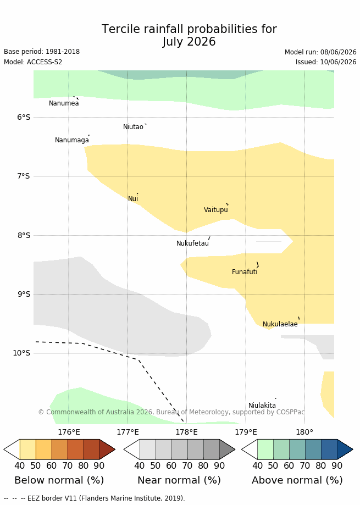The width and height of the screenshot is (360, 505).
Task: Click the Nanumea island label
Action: [64, 103]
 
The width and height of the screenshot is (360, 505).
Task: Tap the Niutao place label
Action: [133, 127]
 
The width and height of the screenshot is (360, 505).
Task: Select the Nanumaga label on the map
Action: [72, 140]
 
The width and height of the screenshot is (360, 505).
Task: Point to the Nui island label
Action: [133, 199]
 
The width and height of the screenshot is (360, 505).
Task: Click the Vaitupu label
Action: [216, 210]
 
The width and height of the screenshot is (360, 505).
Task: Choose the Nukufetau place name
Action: [192, 243]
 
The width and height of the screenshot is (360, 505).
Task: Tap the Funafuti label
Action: [245, 272]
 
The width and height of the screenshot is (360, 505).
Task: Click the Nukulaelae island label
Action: [280, 324]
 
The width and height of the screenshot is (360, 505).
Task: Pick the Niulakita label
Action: [262, 406]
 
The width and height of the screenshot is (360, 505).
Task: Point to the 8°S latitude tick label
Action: [24, 235]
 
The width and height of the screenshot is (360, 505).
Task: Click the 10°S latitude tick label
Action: [21, 353]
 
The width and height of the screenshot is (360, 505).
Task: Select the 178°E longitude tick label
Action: [187, 432]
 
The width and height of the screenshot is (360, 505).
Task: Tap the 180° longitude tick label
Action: [304, 432]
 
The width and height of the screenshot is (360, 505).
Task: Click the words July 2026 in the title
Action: [189, 42]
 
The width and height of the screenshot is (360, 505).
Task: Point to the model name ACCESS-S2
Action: [45, 62]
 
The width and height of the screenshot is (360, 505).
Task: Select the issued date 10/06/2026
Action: [338, 62]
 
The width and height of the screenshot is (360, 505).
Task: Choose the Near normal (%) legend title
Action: [179, 480]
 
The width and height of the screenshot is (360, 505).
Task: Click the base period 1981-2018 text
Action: [63, 52]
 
